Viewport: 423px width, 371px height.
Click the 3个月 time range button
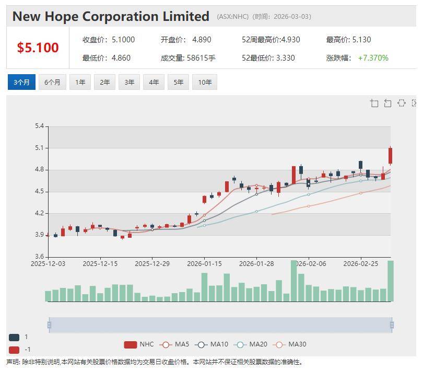coord(21,82)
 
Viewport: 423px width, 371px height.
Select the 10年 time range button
coord(205,82)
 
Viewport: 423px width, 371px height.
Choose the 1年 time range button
coord(80,82)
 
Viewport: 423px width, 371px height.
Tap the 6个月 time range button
coord(52,82)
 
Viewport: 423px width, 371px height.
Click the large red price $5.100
coord(38,48)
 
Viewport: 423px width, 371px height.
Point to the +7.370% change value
coord(373,58)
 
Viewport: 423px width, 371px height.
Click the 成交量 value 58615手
coord(201,58)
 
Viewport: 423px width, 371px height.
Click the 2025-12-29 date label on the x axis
coord(152,264)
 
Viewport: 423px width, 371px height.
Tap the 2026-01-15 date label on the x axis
coord(204,264)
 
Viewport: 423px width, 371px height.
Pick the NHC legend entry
coord(139,344)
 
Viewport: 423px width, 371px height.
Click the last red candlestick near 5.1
coord(390,156)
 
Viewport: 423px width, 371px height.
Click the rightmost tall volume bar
coord(391,281)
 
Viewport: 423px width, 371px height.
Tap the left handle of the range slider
coord(49,325)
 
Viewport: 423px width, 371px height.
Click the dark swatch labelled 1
coord(14,337)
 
